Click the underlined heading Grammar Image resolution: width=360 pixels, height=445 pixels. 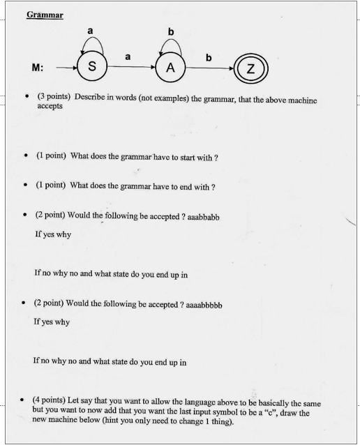pyautogui.click(x=45, y=15)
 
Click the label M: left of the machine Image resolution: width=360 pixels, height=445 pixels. pyautogui.click(x=38, y=68)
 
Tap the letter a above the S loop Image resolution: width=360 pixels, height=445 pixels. pyautogui.click(x=91, y=30)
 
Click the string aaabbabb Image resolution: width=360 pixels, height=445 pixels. pyautogui.click(x=207, y=216)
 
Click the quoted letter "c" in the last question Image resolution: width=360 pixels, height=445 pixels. pyautogui.click(x=282, y=413)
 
